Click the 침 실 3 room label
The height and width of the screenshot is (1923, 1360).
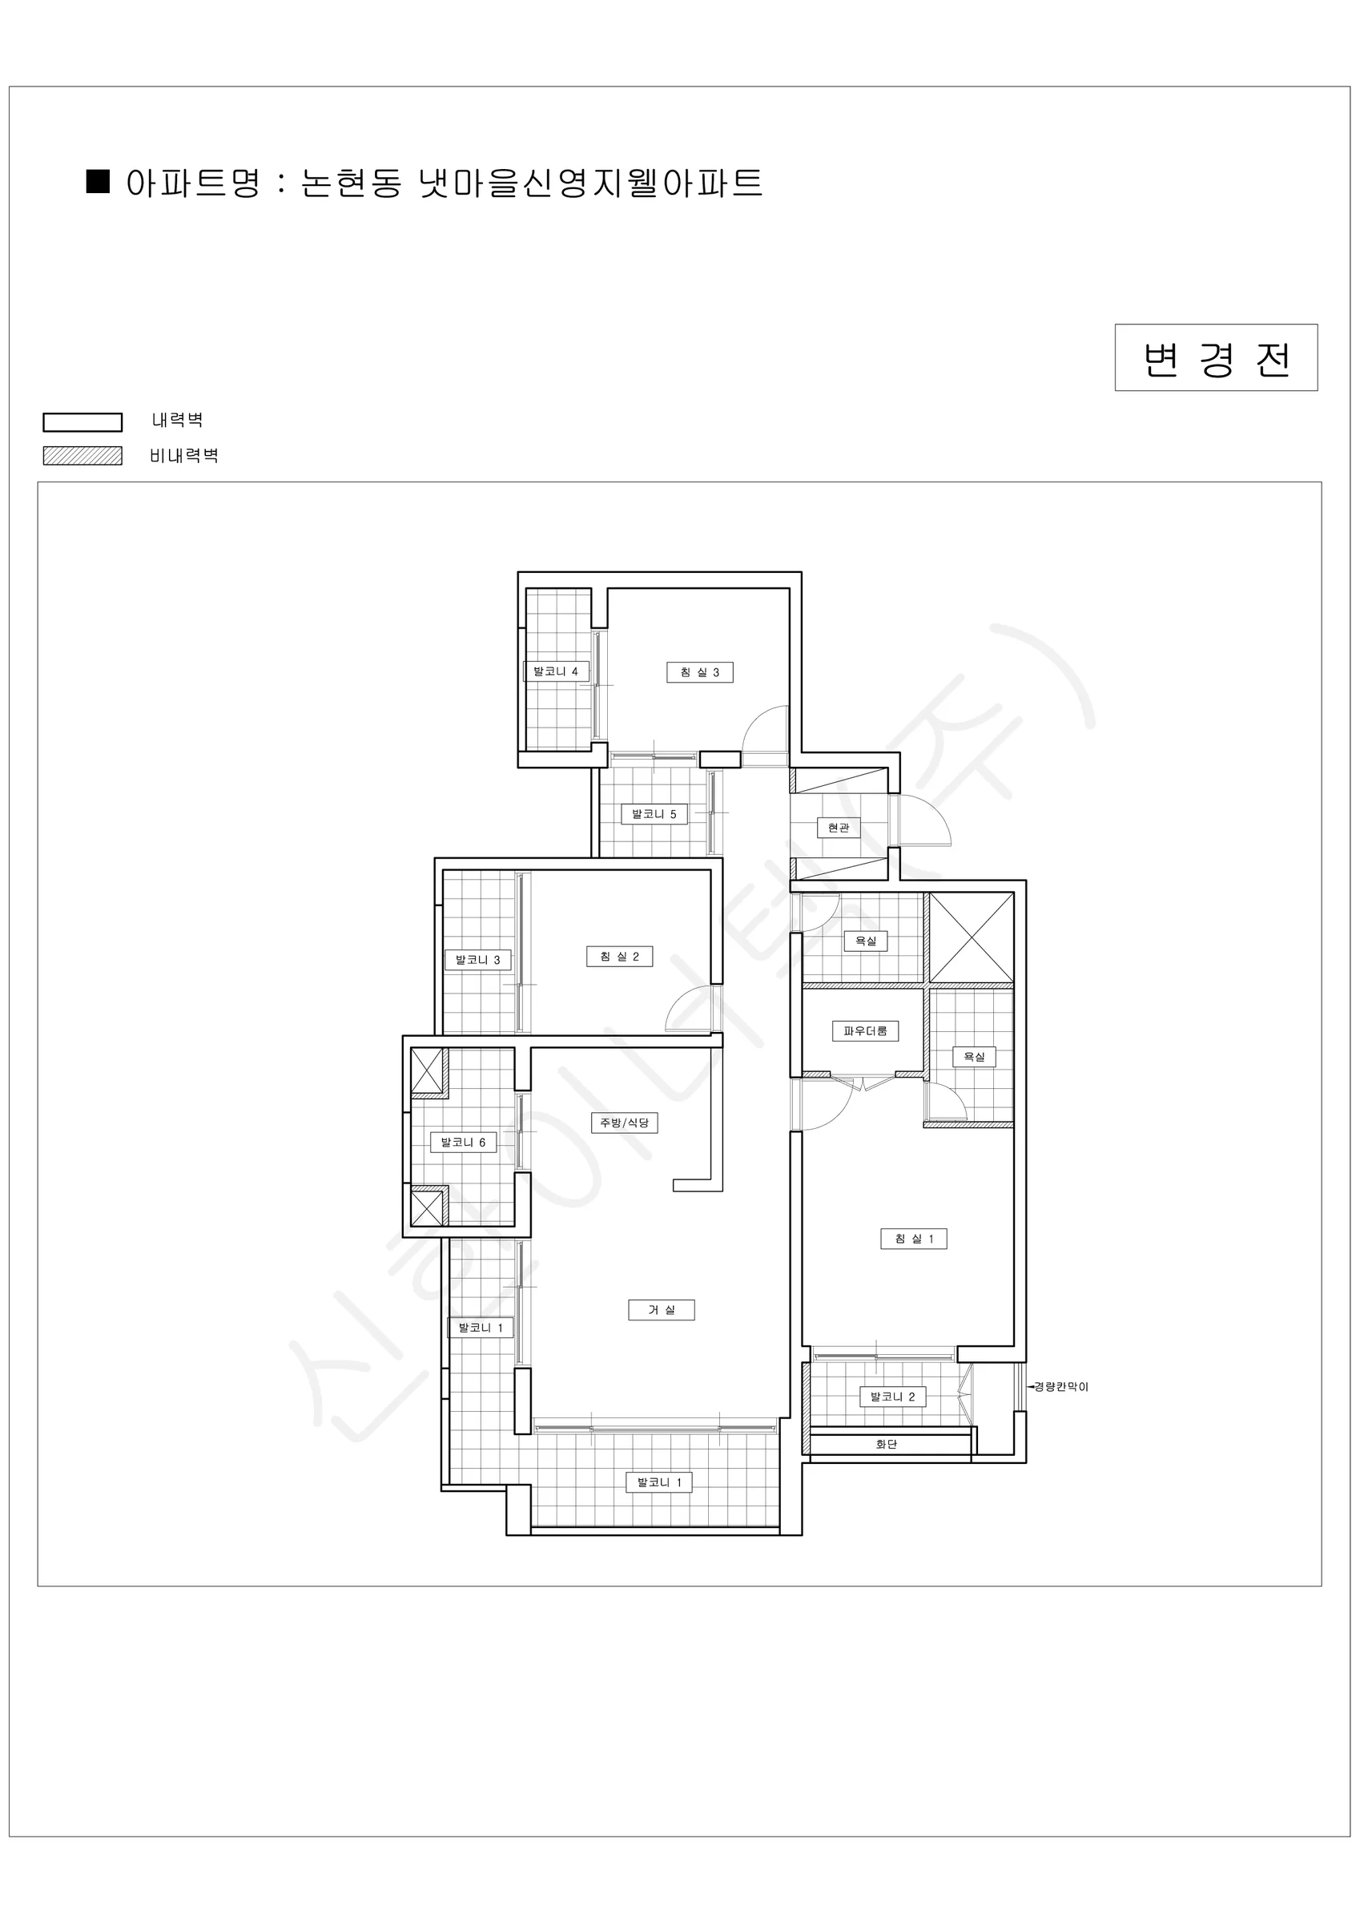tap(699, 672)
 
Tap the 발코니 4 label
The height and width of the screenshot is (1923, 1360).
tap(555, 671)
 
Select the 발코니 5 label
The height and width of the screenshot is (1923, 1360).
tap(654, 814)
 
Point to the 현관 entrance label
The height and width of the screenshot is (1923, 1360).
tap(839, 828)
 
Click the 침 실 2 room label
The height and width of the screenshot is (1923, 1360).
tap(619, 957)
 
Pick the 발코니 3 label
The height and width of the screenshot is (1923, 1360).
tap(477, 960)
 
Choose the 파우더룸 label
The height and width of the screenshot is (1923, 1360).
tap(865, 1031)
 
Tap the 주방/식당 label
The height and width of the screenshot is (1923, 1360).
tap(624, 1123)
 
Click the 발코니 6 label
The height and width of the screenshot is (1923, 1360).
tap(463, 1143)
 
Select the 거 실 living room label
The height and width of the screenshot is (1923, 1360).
tap(661, 1310)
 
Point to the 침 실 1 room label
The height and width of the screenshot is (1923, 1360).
tap(914, 1239)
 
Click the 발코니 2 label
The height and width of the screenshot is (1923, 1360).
tap(893, 1397)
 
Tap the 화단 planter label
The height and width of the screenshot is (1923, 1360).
tap(886, 1444)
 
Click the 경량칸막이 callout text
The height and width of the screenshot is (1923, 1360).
tap(1061, 1387)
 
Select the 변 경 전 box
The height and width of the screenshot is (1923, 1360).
tap(1216, 357)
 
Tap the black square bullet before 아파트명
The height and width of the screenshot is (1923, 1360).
tap(99, 182)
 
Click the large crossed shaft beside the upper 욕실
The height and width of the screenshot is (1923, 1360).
tap(972, 937)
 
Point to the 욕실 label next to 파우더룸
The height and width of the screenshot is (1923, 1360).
tap(974, 1057)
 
